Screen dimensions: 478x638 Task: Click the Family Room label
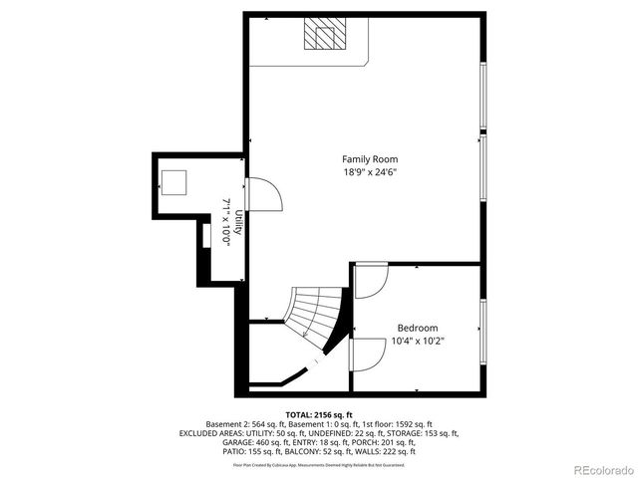pos(370,159)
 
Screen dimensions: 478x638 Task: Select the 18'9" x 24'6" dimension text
pos(370,172)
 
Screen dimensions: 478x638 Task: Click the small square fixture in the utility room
pos(174,182)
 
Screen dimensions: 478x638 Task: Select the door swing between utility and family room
pos(264,194)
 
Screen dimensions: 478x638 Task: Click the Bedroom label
pos(417,328)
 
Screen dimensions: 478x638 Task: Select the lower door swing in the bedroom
pos(368,354)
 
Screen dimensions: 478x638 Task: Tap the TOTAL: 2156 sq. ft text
pos(319,413)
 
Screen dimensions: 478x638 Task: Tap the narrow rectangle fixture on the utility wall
pos(203,236)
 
